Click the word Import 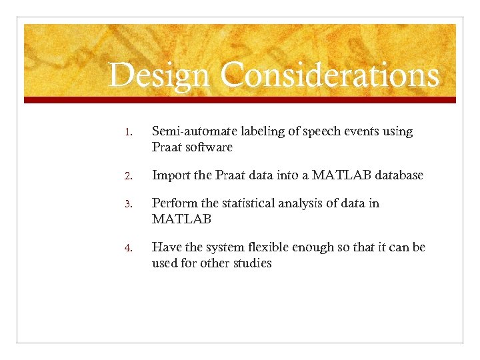(171, 175)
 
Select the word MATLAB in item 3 (181, 219)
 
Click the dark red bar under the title (240, 100)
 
